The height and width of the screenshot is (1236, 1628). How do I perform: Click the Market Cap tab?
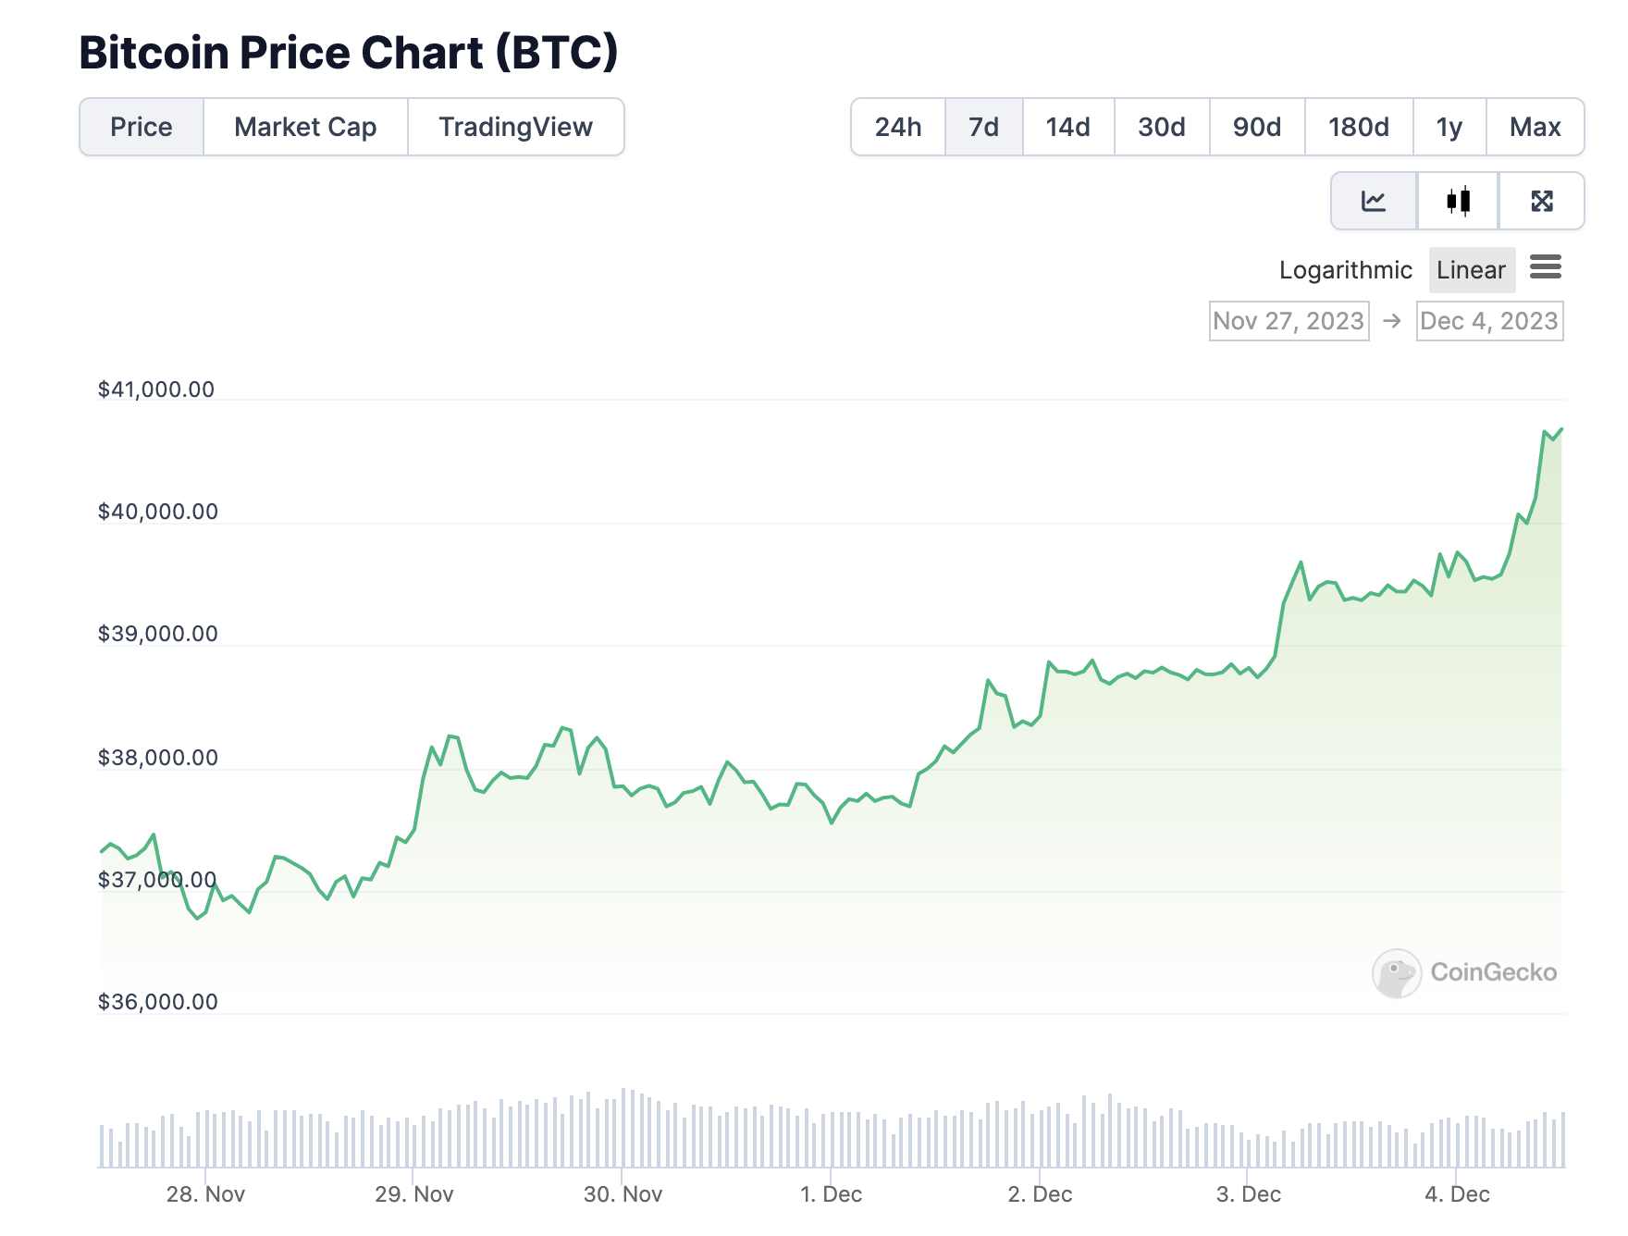point(305,127)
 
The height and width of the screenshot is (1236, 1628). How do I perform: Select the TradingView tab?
point(515,127)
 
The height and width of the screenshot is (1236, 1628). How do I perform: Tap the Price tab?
point(142,127)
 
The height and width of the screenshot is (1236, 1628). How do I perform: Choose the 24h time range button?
point(897,127)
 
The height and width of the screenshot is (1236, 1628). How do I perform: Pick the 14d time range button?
point(1067,127)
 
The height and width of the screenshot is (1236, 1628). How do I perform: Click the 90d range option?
point(1256,127)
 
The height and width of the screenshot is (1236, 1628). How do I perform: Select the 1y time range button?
point(1449,127)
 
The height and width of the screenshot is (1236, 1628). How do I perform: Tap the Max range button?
point(1535,127)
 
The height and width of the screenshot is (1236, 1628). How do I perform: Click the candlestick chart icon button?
point(1458,201)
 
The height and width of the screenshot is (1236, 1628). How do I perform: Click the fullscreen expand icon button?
point(1541,201)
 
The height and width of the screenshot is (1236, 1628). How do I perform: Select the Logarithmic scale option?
point(1345,270)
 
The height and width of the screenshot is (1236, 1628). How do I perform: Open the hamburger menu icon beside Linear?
point(1545,268)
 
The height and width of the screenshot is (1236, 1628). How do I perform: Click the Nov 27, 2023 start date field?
point(1289,321)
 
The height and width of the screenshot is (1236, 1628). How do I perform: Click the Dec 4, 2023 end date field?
point(1489,321)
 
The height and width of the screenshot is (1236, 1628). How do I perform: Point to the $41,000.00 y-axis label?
point(156,389)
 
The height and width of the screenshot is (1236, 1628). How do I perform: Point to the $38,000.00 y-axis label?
point(158,758)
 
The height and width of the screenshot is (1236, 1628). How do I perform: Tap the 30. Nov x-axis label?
point(623,1194)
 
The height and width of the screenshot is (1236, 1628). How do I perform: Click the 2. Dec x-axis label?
point(1040,1194)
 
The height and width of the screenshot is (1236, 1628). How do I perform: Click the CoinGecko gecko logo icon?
point(1396,973)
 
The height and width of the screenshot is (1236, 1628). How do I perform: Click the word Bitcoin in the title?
point(154,53)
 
